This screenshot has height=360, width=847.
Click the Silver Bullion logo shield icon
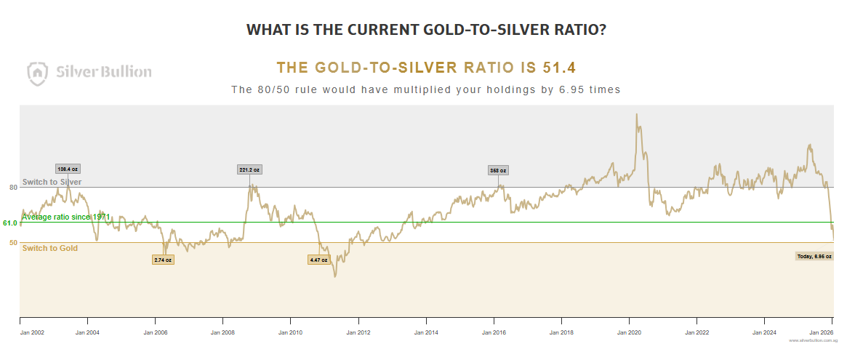pyautogui.click(x=38, y=71)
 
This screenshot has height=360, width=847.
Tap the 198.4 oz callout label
pyautogui.click(x=68, y=169)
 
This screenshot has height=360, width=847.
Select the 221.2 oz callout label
pyautogui.click(x=249, y=169)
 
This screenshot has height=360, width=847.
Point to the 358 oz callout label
pyautogui.click(x=498, y=170)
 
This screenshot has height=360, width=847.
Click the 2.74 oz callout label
pyautogui.click(x=163, y=260)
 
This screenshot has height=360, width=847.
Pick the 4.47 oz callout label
pyautogui.click(x=318, y=260)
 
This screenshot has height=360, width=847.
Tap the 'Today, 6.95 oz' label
pyautogui.click(x=814, y=256)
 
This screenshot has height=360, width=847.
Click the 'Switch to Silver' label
pyautogui.click(x=52, y=182)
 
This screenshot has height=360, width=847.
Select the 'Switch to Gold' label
pyautogui.click(x=50, y=249)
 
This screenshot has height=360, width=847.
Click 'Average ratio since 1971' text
pyautogui.click(x=66, y=217)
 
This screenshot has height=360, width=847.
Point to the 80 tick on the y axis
pyautogui.click(x=13, y=188)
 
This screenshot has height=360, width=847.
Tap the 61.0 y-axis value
pyautogui.click(x=10, y=223)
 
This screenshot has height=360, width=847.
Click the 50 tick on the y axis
pyautogui.click(x=13, y=243)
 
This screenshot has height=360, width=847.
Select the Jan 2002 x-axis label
pyautogui.click(x=32, y=332)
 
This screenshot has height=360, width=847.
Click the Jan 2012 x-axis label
pyautogui.click(x=358, y=332)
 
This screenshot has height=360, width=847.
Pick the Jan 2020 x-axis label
pyautogui.click(x=630, y=332)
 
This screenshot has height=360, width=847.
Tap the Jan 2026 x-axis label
pyautogui.click(x=821, y=332)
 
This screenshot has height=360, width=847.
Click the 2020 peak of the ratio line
pyautogui.click(x=637, y=114)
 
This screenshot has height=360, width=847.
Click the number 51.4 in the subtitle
pyautogui.click(x=559, y=68)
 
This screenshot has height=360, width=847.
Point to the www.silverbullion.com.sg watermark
pyautogui.click(x=811, y=340)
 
